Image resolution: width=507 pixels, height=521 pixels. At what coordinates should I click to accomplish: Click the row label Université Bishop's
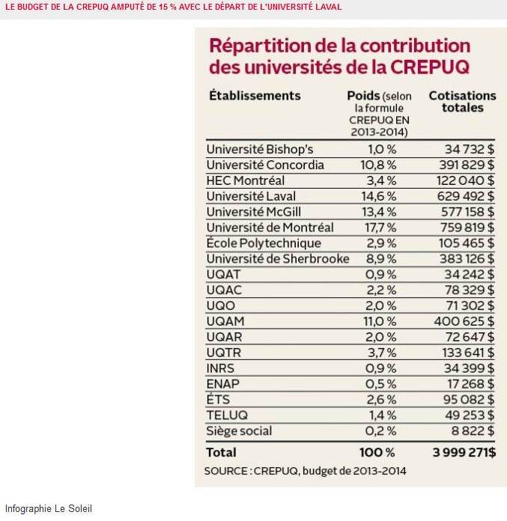pos(259,150)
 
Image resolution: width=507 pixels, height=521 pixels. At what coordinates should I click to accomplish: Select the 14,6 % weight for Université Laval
pos(381,196)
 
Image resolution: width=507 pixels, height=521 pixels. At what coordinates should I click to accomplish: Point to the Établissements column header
pos(255,96)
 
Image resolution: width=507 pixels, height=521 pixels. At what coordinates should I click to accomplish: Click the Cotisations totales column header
pos(462,102)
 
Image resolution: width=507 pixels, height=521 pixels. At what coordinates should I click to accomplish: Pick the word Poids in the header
pos(363,96)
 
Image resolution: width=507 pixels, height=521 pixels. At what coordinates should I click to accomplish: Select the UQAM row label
pos(225,321)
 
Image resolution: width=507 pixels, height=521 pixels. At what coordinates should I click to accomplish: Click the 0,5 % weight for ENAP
pos(382,384)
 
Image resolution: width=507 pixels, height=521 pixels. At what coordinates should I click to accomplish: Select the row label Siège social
pos(239,431)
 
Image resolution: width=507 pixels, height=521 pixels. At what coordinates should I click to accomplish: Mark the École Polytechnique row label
pos(264,243)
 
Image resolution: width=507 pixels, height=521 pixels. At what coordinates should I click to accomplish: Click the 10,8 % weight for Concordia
pos(381,165)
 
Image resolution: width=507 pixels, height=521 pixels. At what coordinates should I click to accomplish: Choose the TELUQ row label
pos(227,415)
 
